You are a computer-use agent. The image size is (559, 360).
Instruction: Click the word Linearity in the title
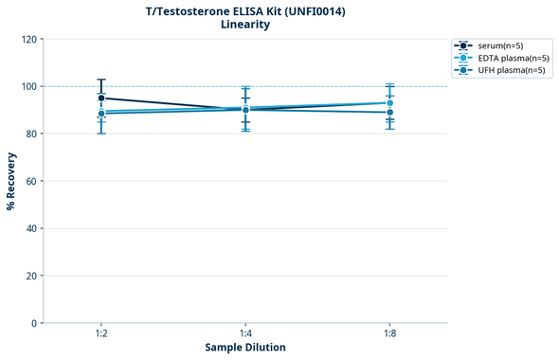[x=244, y=25]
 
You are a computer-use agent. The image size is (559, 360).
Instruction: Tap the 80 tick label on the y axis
[x=31, y=134]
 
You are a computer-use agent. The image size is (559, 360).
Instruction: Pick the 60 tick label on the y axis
[x=31, y=181]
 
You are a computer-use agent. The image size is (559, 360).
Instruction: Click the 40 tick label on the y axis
[x=31, y=228]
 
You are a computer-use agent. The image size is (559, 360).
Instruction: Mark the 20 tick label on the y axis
[x=31, y=276]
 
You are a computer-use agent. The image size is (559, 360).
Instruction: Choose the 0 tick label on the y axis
[x=34, y=323]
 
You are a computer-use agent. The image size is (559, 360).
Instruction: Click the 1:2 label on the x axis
[x=101, y=334]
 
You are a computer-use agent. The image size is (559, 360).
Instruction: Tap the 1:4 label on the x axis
[x=245, y=334]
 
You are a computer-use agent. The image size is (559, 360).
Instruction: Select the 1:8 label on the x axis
[x=389, y=334]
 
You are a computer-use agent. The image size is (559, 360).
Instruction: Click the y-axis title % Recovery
[x=11, y=181]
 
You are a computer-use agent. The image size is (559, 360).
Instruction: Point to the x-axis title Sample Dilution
[x=245, y=348]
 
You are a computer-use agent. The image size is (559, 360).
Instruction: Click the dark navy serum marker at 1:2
[x=101, y=98]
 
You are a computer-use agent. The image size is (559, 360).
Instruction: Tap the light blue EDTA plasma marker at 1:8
[x=389, y=103]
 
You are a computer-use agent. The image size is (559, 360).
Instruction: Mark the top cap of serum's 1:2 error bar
[x=101, y=80]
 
